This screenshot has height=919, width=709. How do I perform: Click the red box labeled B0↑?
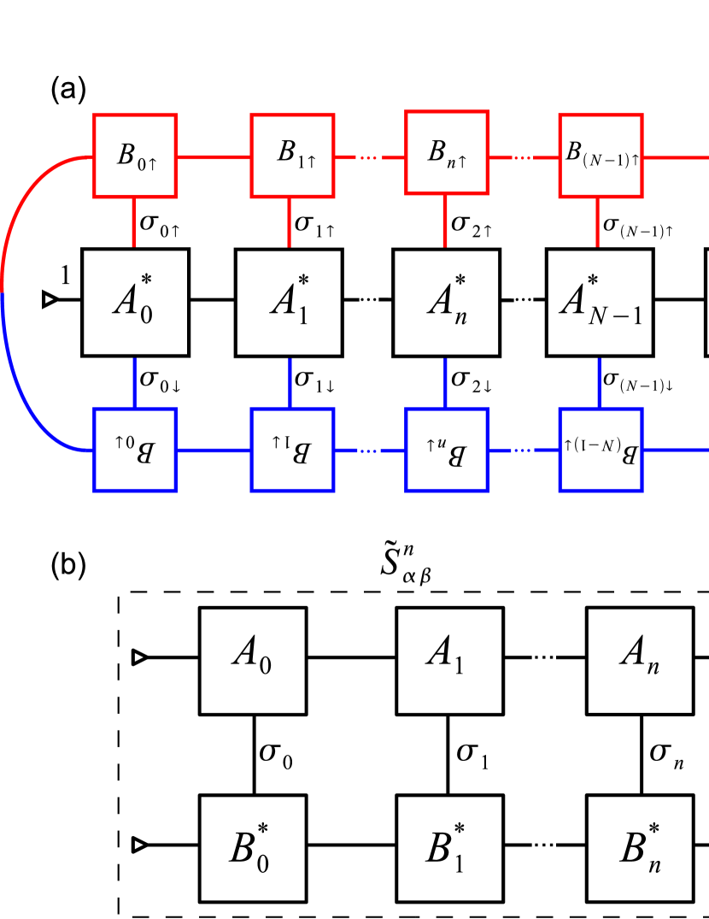click(135, 156)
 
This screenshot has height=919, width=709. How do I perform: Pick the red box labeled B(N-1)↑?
click(601, 156)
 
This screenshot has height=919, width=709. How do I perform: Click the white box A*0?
click(135, 302)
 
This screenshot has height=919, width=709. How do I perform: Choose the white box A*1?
click(289, 302)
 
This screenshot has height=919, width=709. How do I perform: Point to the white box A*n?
click(446, 302)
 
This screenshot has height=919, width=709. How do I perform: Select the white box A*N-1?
click(600, 302)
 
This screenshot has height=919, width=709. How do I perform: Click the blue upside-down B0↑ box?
click(135, 450)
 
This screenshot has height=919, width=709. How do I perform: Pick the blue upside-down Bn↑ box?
click(447, 450)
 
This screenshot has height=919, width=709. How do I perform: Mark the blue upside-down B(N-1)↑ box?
click(601, 450)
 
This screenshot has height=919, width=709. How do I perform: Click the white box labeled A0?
click(253, 661)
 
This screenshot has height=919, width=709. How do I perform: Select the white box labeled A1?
click(449, 661)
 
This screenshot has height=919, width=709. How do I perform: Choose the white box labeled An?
click(640, 661)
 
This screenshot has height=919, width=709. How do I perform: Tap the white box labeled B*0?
click(253, 849)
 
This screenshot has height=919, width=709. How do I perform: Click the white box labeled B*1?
click(449, 849)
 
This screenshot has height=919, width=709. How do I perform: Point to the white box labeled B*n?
click(640, 849)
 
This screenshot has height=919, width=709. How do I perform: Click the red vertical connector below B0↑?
click(134, 223)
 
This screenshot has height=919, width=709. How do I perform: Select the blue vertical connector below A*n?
click(446, 381)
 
